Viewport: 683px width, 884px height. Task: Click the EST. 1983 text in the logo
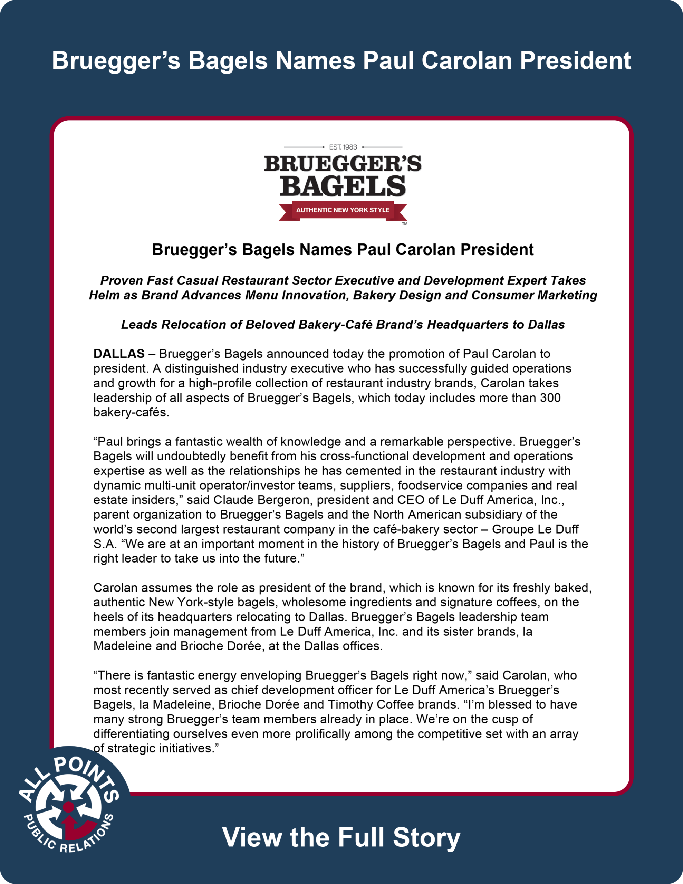(343, 147)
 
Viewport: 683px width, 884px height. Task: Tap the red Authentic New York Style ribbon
(343, 210)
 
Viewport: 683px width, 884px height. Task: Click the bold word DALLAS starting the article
(119, 354)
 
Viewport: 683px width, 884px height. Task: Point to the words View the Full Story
(341, 837)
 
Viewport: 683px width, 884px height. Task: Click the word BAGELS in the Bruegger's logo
(343, 186)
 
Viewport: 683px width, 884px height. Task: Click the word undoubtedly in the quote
(190, 456)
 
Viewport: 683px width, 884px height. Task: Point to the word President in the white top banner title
(575, 61)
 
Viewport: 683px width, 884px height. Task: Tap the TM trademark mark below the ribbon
(404, 224)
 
